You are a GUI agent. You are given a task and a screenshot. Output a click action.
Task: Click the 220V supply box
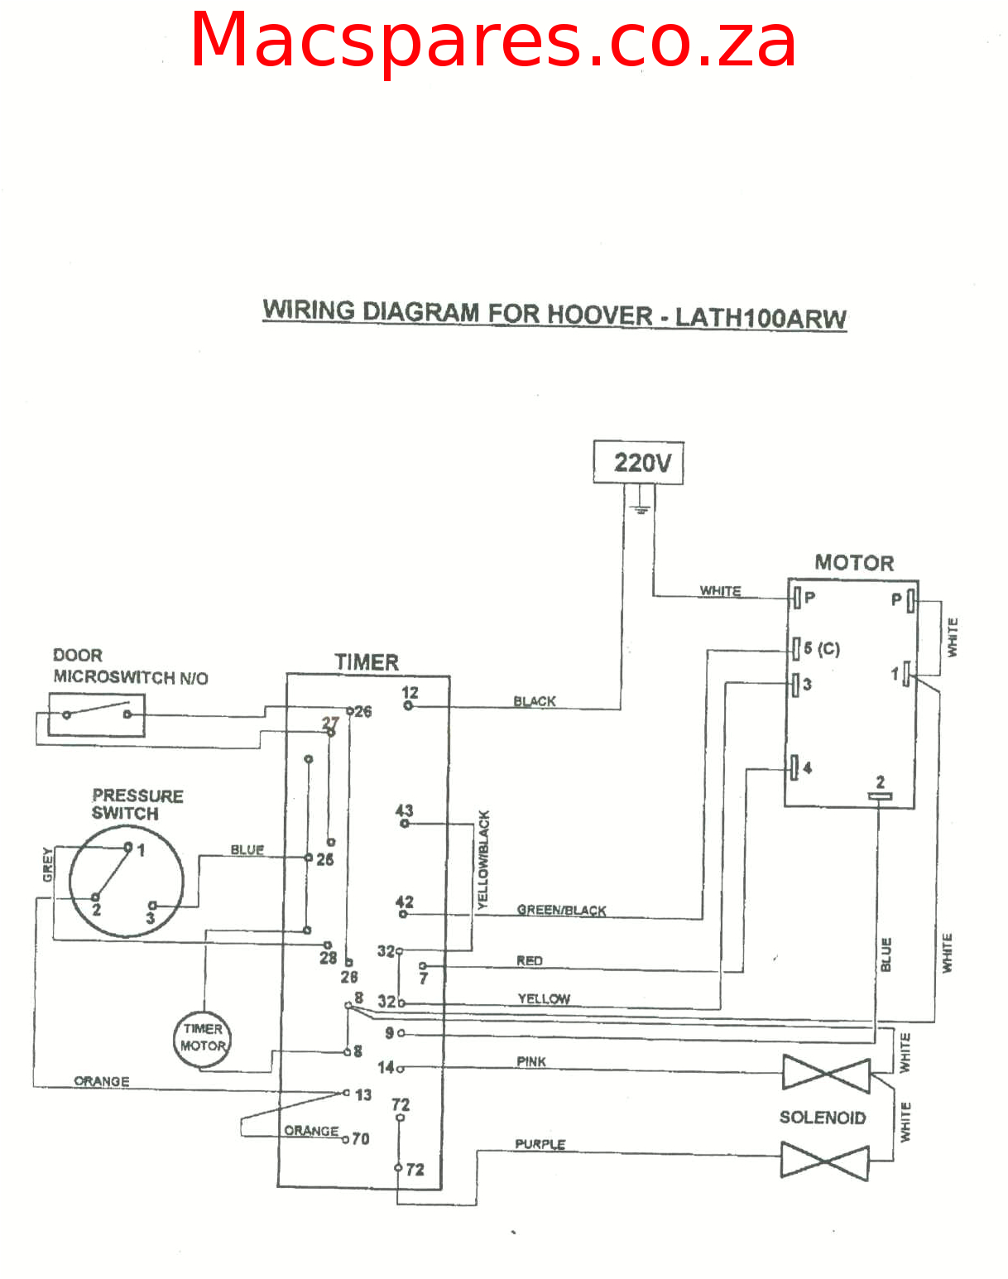tap(638, 462)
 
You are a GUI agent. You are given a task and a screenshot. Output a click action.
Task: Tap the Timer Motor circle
tap(203, 1038)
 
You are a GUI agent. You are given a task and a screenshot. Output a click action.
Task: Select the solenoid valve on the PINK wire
tap(826, 1074)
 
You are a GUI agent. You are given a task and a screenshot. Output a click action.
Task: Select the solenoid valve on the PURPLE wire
tap(824, 1161)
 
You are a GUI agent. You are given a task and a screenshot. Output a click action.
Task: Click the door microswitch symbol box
tap(96, 714)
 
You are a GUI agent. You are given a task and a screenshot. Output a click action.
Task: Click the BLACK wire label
tap(535, 701)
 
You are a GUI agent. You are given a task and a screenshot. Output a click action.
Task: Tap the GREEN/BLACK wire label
tap(561, 910)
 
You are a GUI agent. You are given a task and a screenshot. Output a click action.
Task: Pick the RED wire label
tap(530, 960)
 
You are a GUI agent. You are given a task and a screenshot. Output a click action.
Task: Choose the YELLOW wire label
tap(544, 998)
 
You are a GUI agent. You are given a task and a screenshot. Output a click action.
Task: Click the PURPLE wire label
tap(540, 1144)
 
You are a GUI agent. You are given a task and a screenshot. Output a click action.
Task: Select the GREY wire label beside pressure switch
tap(48, 864)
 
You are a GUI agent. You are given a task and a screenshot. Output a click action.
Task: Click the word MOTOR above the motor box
tap(854, 563)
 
